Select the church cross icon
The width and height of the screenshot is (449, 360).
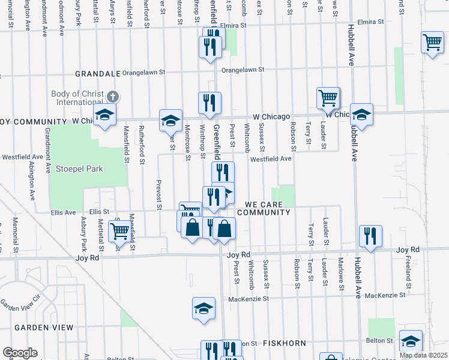pos(112,96)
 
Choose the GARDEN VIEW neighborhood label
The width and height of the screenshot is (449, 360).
pos(44,328)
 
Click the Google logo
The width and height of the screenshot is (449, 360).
pos(20,352)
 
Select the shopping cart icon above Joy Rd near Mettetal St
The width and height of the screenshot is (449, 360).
pos(119,231)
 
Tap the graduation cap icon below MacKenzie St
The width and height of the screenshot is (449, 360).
pos(203,308)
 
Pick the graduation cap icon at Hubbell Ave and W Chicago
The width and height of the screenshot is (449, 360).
pos(361,113)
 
